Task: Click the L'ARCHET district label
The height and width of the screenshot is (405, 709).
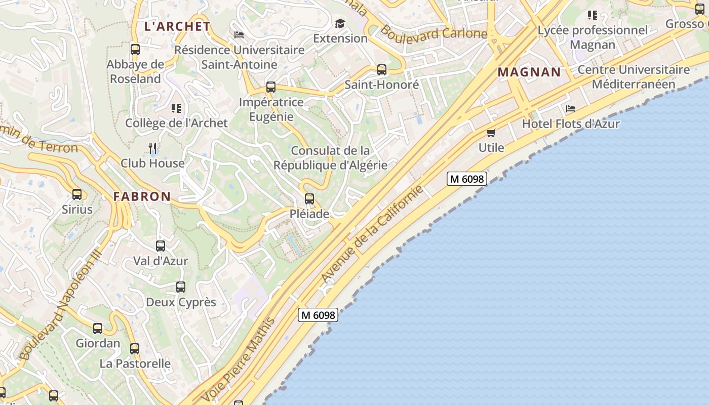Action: pos(177,26)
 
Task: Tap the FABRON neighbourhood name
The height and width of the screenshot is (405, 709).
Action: pos(142,196)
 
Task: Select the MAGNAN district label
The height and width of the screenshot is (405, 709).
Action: pos(529,72)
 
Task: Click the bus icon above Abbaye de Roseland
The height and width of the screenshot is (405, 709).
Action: pos(135,50)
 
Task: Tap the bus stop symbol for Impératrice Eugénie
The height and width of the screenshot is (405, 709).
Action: pos(271,87)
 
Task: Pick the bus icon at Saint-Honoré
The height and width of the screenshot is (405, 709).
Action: pos(382,70)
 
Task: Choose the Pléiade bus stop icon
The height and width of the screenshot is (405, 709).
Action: pos(309,199)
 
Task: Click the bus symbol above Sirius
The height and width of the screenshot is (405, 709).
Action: pos(77,194)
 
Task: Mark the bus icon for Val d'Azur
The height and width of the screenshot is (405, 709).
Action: pos(161,246)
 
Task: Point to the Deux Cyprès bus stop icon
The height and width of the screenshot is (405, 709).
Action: pos(181,287)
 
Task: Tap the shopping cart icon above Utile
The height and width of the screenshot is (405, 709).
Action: pos(491,133)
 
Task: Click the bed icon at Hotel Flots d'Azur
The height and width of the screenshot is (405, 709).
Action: pos(571,109)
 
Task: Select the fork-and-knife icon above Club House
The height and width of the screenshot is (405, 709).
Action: pos(152,148)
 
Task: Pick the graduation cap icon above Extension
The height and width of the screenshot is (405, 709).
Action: pos(340,23)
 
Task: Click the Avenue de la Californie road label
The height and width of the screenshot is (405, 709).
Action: pos(372,234)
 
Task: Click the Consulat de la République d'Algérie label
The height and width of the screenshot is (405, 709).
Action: pos(330,158)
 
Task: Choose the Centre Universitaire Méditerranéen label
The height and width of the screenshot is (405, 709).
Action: pos(634,77)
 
